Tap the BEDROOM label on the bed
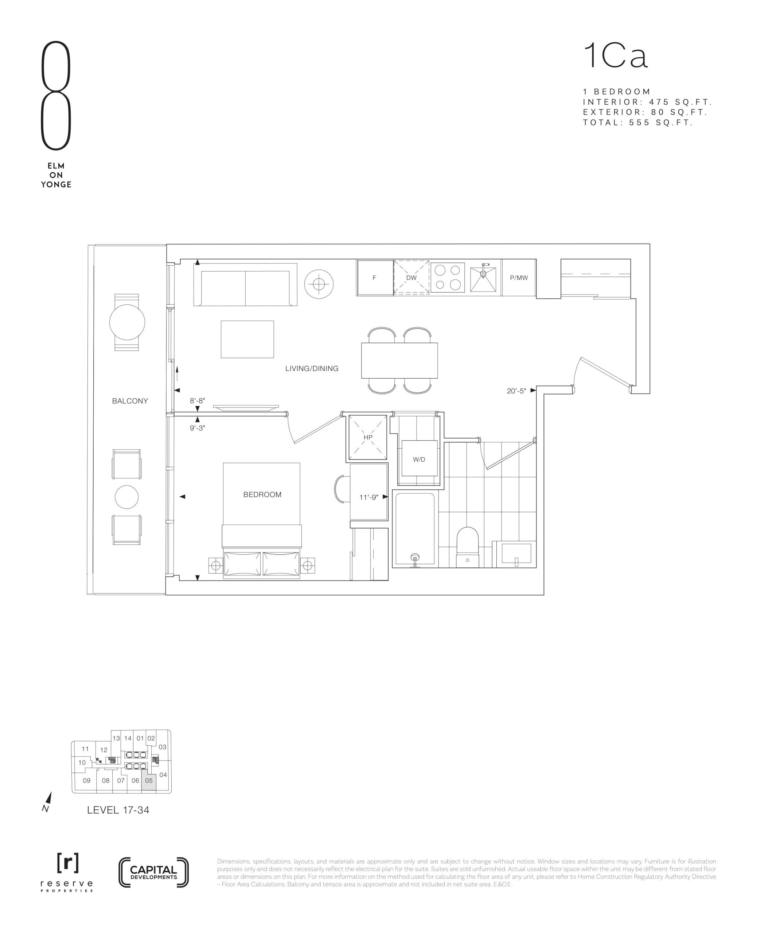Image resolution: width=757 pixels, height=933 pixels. (262, 495)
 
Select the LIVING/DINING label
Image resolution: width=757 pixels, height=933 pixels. (312, 368)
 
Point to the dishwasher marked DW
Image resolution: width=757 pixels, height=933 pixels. (411, 278)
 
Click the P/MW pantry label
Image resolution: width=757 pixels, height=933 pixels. (519, 278)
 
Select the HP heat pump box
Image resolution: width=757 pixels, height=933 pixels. (368, 437)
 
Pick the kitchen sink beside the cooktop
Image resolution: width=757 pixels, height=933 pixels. (483, 277)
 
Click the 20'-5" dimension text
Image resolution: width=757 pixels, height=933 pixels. (516, 391)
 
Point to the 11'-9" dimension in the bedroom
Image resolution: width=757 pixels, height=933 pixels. (368, 497)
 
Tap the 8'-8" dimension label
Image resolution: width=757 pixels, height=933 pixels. (197, 401)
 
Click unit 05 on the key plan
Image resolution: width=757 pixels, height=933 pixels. (149, 780)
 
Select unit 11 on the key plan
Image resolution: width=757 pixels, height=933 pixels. (85, 749)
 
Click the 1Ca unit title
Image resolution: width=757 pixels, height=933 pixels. (616, 56)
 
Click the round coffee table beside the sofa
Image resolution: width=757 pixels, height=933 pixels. (319, 284)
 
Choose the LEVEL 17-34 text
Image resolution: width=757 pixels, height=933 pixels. (118, 810)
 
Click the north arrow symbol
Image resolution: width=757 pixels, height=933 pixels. (48, 802)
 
